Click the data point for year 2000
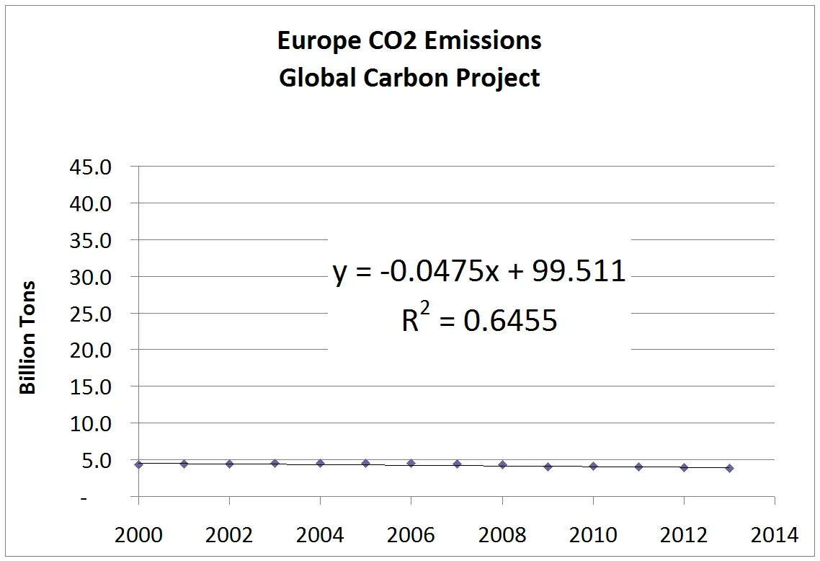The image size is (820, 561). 138,464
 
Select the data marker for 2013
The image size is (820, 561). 729,468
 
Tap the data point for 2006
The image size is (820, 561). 411,463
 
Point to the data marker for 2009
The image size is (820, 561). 548,467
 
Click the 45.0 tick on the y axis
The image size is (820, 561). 92,167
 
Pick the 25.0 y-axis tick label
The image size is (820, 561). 92,314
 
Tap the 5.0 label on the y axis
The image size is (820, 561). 97,460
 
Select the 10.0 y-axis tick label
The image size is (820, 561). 92,423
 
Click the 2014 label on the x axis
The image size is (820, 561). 774,535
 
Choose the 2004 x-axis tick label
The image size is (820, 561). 320,535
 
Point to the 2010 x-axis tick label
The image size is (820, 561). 592,535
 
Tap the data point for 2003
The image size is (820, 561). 275,463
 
